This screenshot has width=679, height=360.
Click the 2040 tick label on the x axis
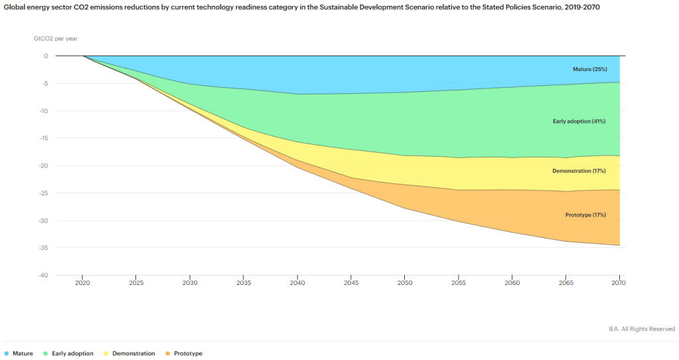pos(297,282)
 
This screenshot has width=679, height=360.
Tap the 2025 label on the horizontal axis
pos(136,282)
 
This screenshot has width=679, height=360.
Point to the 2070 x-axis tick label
pos(619,282)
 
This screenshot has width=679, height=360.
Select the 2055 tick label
pos(458,282)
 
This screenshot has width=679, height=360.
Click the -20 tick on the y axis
pos(42,165)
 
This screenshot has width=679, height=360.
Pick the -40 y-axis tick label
pos(42,275)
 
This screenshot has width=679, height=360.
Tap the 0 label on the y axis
pos(46,56)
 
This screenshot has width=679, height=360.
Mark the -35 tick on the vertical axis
pos(42,248)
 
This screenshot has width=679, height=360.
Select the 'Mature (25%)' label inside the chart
pos(589,69)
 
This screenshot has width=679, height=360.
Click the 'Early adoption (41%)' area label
pos(579,122)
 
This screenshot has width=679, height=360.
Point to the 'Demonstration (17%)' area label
pos(579,171)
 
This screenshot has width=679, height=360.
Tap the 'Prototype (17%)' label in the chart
pos(585,215)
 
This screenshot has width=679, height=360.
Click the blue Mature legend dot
pos(7,353)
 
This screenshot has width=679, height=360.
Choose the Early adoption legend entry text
pos(72,353)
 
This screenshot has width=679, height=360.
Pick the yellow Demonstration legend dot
pos(106,353)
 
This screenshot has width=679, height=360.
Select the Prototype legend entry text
pos(188,353)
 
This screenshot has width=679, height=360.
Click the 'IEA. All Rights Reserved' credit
pos(642,329)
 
